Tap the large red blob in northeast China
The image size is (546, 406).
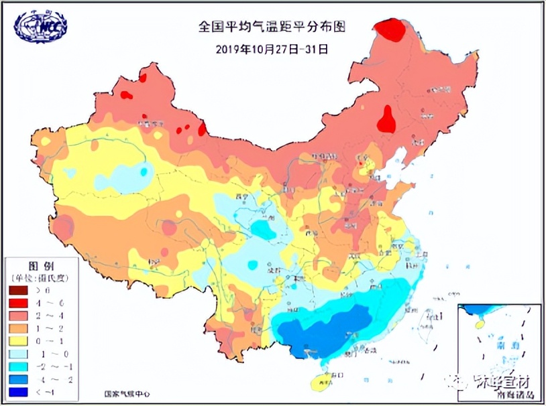(x=386, y=121)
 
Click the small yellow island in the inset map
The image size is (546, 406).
(x=479, y=325)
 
